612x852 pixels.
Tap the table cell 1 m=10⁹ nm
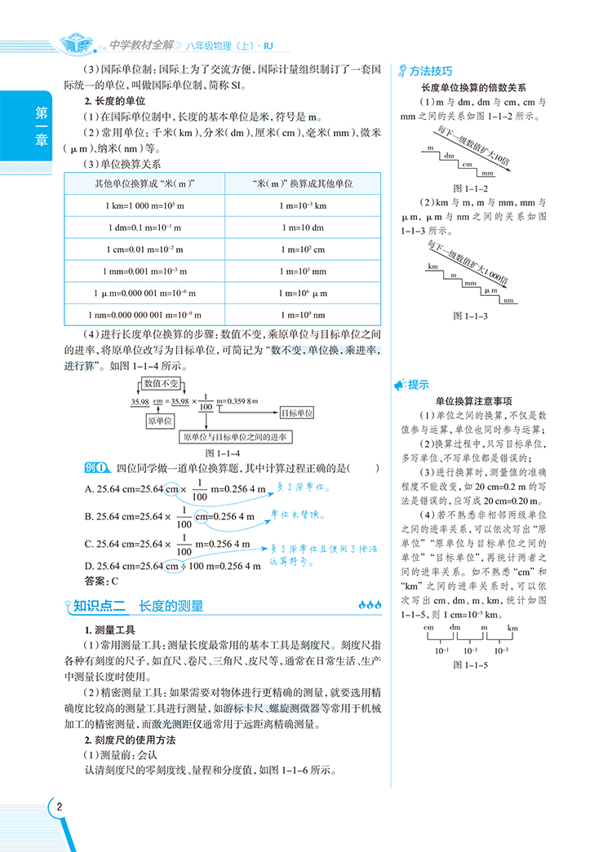(302, 314)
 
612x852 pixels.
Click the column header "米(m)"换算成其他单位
(302, 184)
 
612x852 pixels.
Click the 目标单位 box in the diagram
(296, 413)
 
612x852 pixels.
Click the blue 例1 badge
(97, 467)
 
